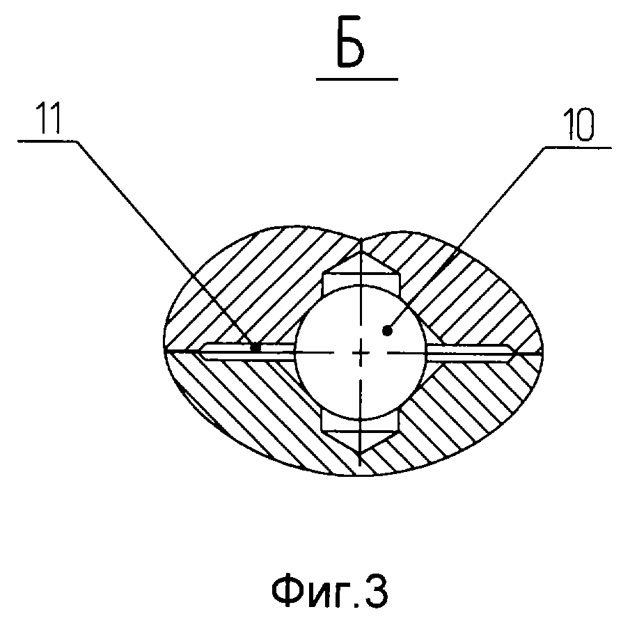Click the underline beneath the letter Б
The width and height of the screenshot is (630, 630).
click(x=356, y=79)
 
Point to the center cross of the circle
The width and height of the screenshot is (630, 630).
click(x=361, y=354)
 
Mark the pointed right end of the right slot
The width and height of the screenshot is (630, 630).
click(x=516, y=353)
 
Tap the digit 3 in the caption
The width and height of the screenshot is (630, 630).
click(x=376, y=592)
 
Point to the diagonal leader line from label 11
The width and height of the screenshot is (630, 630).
click(x=167, y=244)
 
